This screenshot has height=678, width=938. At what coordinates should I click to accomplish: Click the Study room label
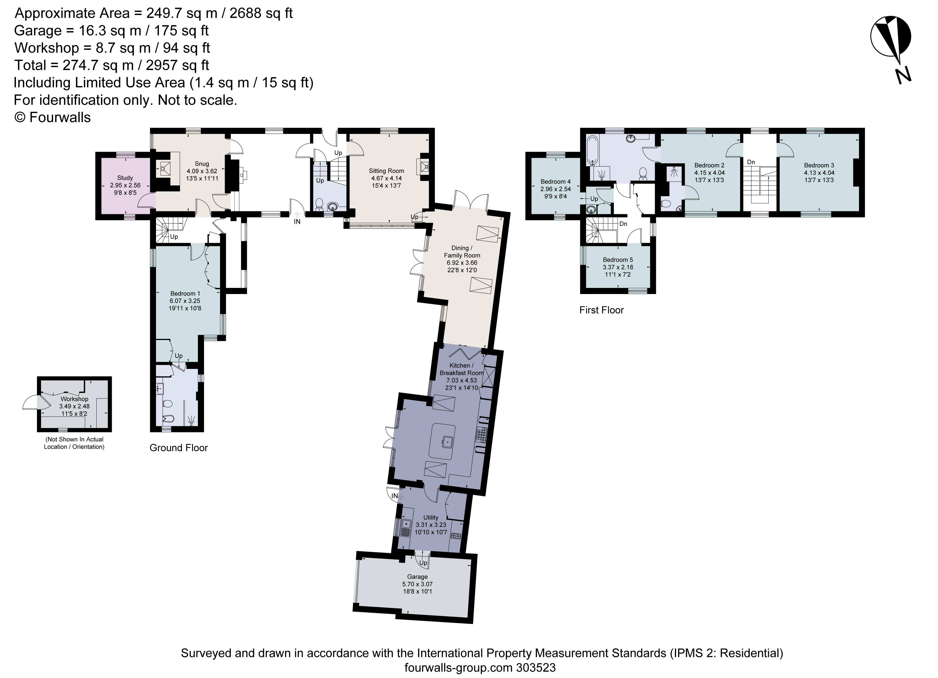[x=125, y=178]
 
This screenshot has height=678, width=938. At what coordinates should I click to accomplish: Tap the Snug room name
[x=202, y=164]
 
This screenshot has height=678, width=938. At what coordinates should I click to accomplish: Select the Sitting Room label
[x=386, y=171]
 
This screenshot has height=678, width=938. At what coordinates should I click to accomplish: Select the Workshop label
[x=75, y=399]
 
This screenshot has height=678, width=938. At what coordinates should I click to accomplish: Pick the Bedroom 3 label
[x=819, y=165]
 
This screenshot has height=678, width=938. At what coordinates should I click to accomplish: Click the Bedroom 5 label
[x=618, y=260]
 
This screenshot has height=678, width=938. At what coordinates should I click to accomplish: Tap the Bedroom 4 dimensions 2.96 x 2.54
[x=556, y=189]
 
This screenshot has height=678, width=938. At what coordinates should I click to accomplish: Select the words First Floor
[x=601, y=310]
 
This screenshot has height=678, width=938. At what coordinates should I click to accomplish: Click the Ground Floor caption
[x=179, y=448]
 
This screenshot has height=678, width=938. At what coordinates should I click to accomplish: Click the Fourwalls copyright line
[x=52, y=118]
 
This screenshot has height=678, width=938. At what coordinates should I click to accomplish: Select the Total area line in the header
[x=112, y=66]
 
